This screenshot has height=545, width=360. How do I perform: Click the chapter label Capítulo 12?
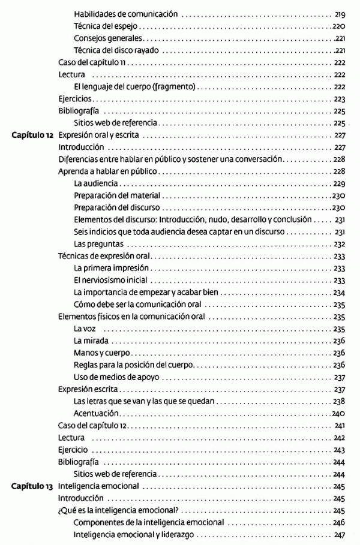click(33, 136)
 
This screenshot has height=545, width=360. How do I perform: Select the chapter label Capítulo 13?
click(33, 486)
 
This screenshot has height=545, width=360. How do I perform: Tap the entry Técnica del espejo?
click(108, 26)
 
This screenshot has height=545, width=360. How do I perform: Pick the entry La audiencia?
click(96, 183)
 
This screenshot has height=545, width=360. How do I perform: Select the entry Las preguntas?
click(98, 244)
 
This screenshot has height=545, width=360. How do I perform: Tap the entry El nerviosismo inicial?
click(110, 280)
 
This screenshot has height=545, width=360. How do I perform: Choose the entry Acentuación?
click(96, 414)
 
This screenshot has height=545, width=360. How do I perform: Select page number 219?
click(339, 14)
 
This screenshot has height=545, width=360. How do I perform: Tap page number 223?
click(339, 99)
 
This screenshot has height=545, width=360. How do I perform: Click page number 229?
click(339, 183)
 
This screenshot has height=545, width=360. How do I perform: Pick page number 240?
click(339, 414)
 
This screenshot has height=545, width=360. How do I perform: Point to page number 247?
click(339, 535)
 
